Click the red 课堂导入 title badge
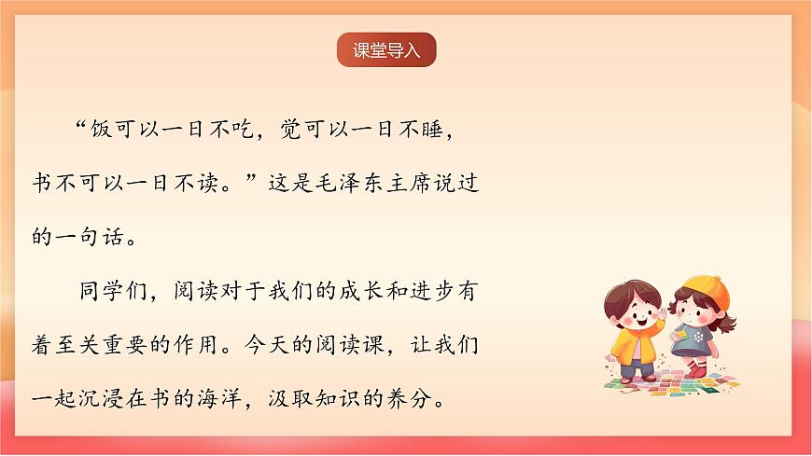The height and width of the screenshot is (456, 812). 386,50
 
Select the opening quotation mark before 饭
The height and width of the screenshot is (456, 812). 80,130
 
